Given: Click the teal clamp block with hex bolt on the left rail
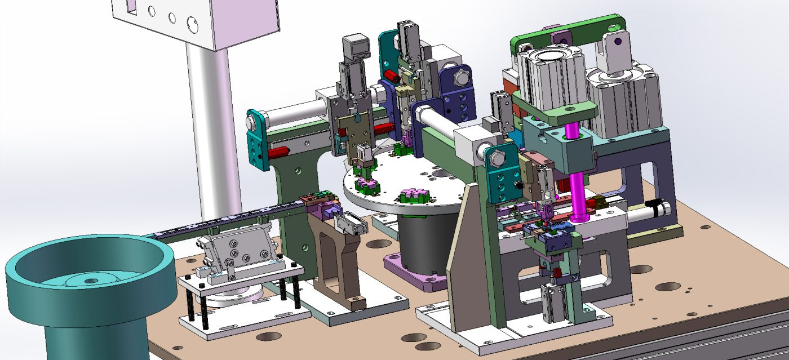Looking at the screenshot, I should point(257,138).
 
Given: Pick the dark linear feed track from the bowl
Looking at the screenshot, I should point(225,220).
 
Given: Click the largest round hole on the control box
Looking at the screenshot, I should point(192,24).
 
